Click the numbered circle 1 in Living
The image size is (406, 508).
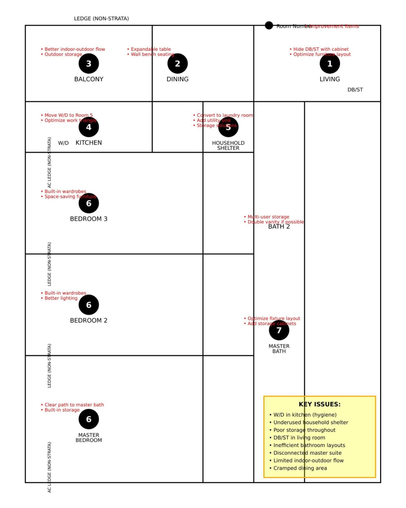[330, 63]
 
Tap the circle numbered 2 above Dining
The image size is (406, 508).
[178, 63]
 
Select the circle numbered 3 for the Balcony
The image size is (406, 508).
[89, 63]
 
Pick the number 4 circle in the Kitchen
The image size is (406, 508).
[89, 127]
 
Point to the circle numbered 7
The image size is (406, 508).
[279, 330]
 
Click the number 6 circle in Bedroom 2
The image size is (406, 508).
[89, 305]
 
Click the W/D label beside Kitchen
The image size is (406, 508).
[63, 143]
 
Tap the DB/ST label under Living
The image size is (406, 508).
[355, 90]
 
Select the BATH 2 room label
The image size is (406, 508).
[279, 227]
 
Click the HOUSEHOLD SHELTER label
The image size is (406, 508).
[228, 146]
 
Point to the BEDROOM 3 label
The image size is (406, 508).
[89, 219]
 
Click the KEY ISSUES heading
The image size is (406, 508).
[320, 404]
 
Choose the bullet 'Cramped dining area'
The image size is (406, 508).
[299, 468]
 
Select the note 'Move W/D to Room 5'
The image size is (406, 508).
[69, 115]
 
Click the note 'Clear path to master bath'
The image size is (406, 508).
[74, 405]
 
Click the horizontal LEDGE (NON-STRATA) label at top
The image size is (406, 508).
[101, 19]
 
